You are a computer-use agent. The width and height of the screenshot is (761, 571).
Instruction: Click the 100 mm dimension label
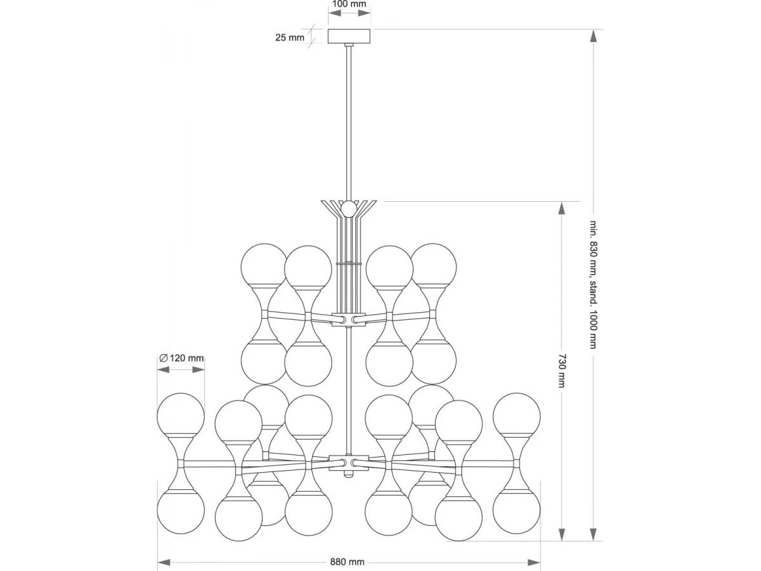pyautogui.click(x=349, y=4)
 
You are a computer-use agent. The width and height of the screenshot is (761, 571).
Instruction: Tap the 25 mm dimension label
pyautogui.click(x=290, y=37)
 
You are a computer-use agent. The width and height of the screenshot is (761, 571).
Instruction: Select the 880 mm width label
pyautogui.click(x=347, y=562)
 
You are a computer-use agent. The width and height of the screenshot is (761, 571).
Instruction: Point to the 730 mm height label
pyautogui.click(x=563, y=371)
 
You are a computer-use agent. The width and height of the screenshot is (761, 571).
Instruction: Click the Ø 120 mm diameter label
pyautogui.click(x=181, y=358)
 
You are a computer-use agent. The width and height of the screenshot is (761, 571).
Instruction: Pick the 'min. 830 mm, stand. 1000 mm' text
pyautogui.click(x=594, y=285)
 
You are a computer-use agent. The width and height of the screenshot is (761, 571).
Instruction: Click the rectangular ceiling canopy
pyautogui.click(x=349, y=36)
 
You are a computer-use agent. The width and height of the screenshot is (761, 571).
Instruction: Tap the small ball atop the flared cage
pyautogui.click(x=348, y=209)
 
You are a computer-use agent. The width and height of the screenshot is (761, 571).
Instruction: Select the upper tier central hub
pyautogui.click(x=349, y=320)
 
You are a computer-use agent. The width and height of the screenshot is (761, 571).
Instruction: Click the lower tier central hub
pyautogui.click(x=348, y=463)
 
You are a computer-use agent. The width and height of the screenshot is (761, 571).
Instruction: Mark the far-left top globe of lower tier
pyautogui.click(x=181, y=414)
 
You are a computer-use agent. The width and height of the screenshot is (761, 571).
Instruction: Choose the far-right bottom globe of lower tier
pyautogui.click(x=516, y=511)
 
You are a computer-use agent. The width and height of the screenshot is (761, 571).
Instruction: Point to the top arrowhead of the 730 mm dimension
pyautogui.click(x=562, y=209)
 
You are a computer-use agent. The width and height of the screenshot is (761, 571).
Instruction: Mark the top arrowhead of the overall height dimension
pyautogui.click(x=594, y=36)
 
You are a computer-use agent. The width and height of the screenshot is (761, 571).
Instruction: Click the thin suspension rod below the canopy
pyautogui.click(x=349, y=122)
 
